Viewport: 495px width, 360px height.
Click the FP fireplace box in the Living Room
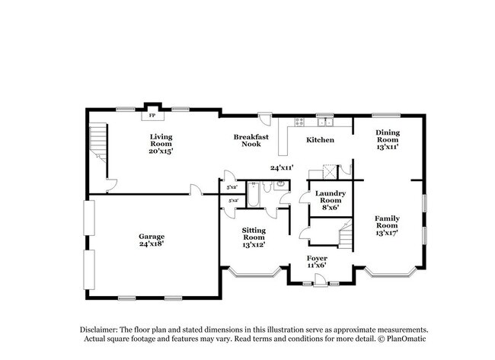pos(152,116)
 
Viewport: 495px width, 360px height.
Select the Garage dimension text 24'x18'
pos(152,244)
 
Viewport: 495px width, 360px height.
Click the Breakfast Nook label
pos(251,140)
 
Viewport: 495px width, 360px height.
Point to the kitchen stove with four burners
pos(299,122)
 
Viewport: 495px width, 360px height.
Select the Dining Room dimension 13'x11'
pos(387,148)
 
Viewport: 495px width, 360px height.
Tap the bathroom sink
pos(281,184)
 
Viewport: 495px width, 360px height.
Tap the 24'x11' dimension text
pos(282,167)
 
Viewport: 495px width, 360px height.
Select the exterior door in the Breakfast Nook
pos(264,120)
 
